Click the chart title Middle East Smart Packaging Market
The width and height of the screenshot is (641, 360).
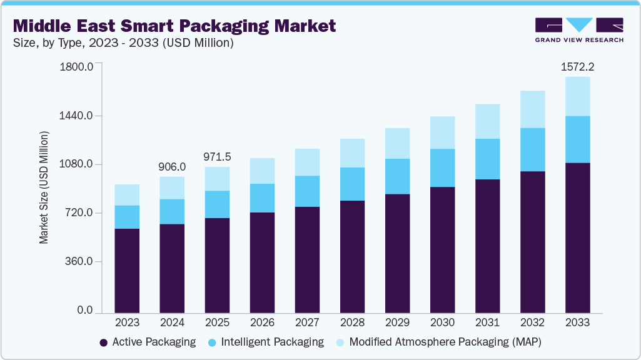click(x=174, y=26)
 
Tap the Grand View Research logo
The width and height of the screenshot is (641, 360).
click(x=578, y=30)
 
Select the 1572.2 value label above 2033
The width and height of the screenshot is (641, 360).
click(x=577, y=66)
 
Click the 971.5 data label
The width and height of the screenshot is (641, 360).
click(x=217, y=156)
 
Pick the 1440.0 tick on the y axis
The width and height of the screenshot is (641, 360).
click(x=76, y=116)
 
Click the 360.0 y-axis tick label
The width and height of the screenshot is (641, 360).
click(x=79, y=261)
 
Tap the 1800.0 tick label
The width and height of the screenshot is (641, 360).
click(x=76, y=67)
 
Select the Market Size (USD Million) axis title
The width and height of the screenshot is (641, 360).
click(x=44, y=187)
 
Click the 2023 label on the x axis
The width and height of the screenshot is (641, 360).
click(x=127, y=322)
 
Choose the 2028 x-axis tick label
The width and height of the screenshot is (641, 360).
click(x=352, y=322)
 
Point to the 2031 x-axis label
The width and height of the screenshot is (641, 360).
click(x=487, y=322)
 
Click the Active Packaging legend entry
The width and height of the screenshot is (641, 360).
click(x=148, y=342)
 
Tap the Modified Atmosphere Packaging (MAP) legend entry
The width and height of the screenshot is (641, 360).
click(x=438, y=342)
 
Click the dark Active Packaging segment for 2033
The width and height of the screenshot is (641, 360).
click(x=577, y=237)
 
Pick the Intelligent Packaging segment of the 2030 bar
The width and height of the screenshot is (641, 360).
click(x=442, y=167)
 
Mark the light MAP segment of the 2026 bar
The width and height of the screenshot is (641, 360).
click(x=262, y=171)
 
